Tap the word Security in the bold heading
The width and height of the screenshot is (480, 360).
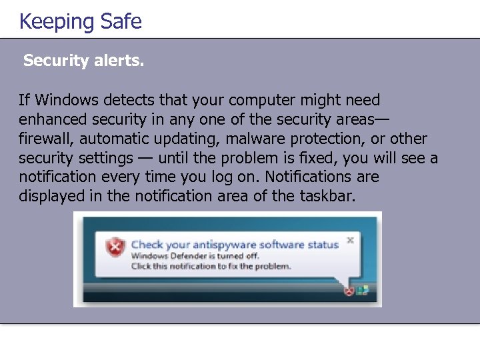pyautogui.click(x=55, y=61)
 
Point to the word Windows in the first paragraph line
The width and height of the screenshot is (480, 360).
pyautogui.click(x=63, y=100)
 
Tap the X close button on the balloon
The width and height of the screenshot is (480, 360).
pyautogui.click(x=350, y=240)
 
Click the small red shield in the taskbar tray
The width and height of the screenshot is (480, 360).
pyautogui.click(x=348, y=291)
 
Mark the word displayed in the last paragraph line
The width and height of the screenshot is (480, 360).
pyautogui.click(x=49, y=197)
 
